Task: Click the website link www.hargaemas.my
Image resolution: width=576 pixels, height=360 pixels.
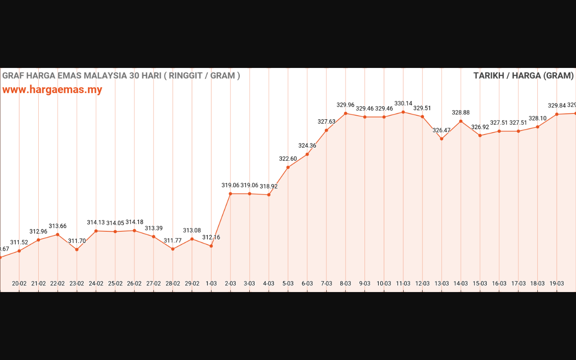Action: click(52, 90)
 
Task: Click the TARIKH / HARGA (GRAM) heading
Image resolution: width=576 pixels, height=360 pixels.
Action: click(523, 76)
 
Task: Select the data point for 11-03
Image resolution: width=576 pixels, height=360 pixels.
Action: click(403, 112)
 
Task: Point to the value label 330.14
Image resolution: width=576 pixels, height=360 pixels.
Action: click(403, 103)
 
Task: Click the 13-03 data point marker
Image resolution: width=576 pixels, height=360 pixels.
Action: click(441, 139)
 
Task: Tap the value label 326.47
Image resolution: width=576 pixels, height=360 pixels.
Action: click(441, 130)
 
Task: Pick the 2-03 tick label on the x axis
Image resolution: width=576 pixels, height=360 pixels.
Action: click(230, 283)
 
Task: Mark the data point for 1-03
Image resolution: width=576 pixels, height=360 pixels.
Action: click(211, 246)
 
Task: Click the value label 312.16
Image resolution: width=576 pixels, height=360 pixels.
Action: click(211, 238)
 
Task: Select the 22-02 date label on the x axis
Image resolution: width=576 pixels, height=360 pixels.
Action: click(58, 283)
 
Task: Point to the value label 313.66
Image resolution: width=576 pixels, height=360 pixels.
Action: click(58, 226)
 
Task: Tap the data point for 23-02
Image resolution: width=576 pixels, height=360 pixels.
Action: click(77, 249)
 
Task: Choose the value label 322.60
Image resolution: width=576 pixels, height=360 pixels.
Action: click(288, 159)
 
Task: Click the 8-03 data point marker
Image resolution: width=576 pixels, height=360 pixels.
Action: click(346, 113)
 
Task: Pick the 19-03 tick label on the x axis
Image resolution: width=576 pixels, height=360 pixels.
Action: click(557, 283)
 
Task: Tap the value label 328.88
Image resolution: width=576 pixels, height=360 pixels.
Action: click(461, 112)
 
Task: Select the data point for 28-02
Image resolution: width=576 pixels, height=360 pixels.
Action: click(173, 249)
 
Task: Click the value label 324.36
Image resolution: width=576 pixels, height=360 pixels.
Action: click(307, 146)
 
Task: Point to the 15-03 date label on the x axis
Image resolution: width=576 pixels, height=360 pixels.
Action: click(480, 283)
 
